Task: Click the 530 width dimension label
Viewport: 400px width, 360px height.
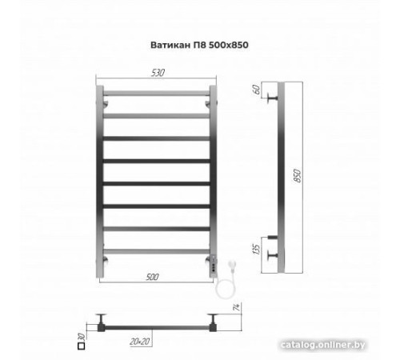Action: (x=157, y=73)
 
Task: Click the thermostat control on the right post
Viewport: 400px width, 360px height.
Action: (x=214, y=259)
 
